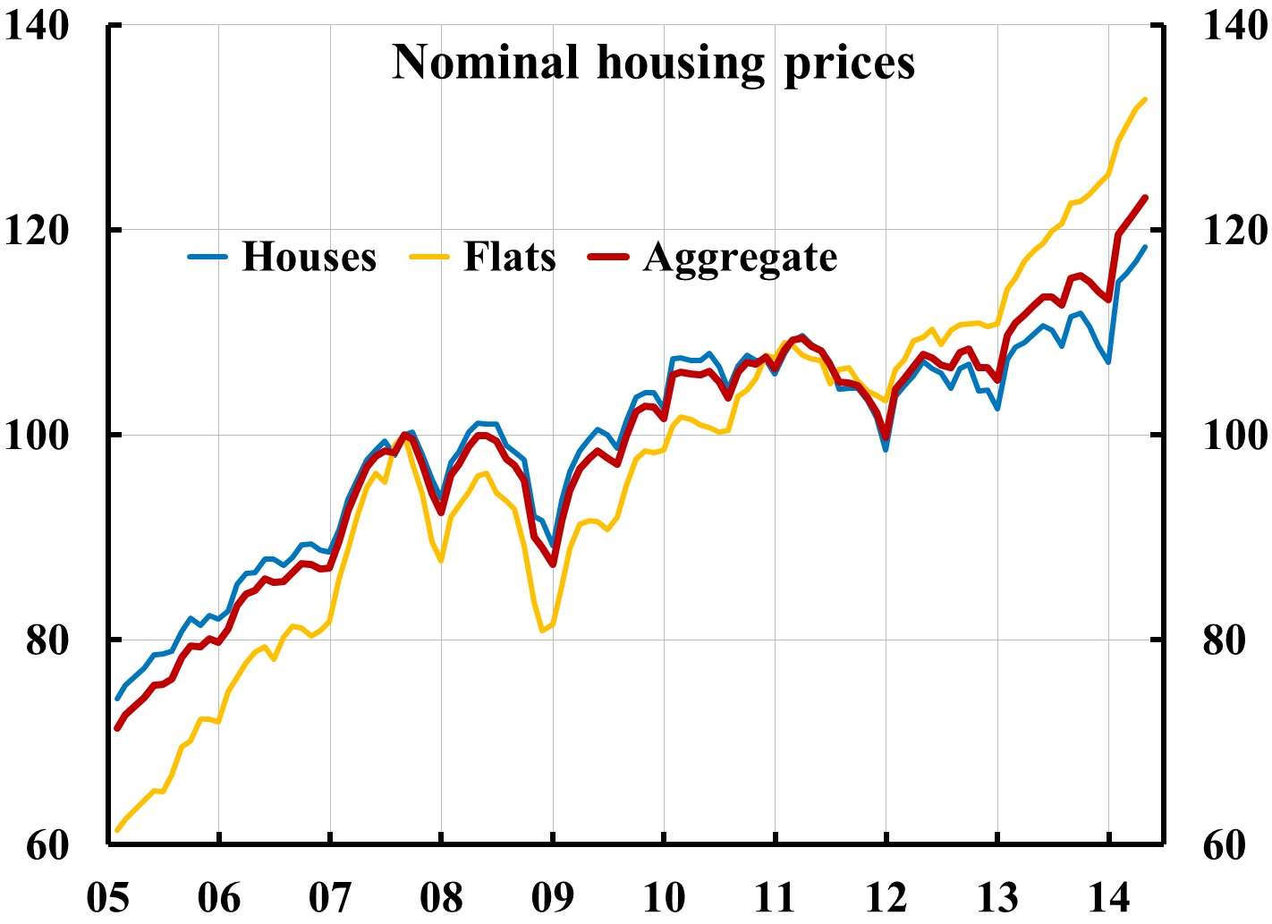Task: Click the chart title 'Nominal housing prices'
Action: coord(654,63)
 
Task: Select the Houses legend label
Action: coord(309,257)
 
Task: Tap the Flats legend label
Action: coord(509,257)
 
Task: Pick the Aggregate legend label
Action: coord(740,257)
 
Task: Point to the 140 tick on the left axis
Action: coord(36,26)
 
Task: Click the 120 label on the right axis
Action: coord(1234,231)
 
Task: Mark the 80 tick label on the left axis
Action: coord(47,640)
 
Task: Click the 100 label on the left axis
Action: coord(36,436)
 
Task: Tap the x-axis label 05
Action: coord(107,898)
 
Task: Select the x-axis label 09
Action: coord(553,898)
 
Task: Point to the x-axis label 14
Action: coord(1108,898)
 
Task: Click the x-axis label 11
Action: coord(775,898)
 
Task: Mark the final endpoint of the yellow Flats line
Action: coord(1146,99)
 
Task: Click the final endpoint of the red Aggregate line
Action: coord(1146,198)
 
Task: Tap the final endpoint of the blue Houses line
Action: coord(1146,247)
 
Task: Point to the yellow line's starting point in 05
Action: coord(117,830)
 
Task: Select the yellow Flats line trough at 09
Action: coord(543,631)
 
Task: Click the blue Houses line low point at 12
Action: coord(886,449)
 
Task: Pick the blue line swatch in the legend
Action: coord(208,257)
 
